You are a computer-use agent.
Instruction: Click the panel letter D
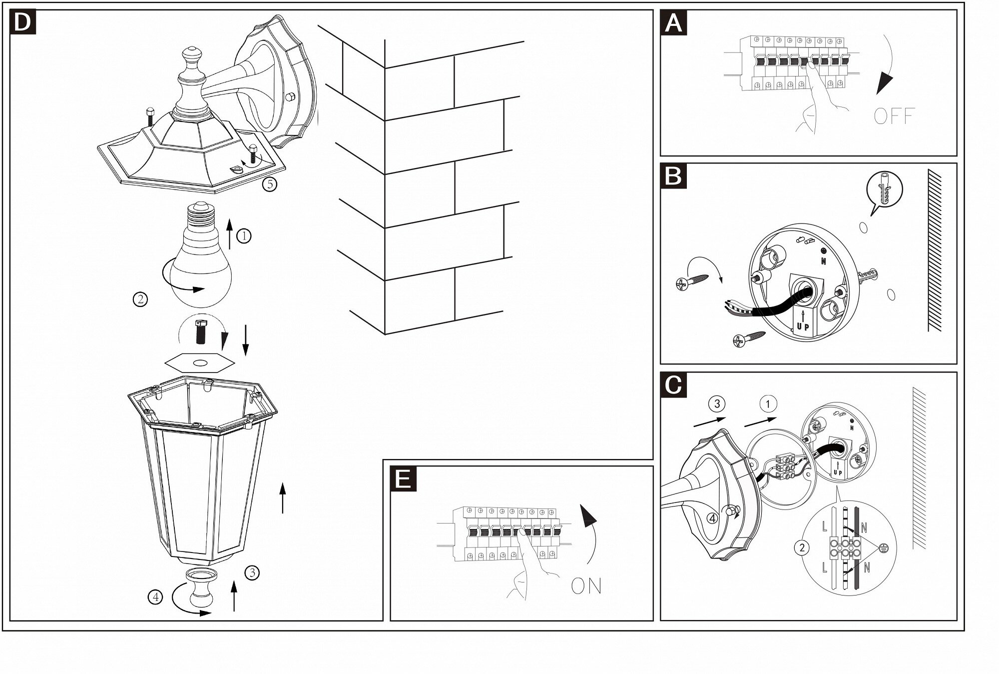pyautogui.click(x=22, y=22)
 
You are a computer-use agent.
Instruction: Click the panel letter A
pyautogui.click(x=673, y=23)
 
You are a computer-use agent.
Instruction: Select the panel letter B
pyautogui.click(x=673, y=176)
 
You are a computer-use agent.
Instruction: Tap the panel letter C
pyautogui.click(x=673, y=385)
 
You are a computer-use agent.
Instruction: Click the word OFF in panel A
pyautogui.click(x=894, y=116)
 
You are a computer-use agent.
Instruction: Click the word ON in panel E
pyautogui.click(x=586, y=586)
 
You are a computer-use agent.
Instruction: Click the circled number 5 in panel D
pyautogui.click(x=270, y=184)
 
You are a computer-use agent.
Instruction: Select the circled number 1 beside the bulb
pyautogui.click(x=244, y=235)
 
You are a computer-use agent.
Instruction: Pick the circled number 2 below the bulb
pyautogui.click(x=140, y=299)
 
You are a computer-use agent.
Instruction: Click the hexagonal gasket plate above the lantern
pyautogui.click(x=200, y=362)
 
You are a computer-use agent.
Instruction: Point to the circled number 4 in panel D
pyautogui.click(x=155, y=596)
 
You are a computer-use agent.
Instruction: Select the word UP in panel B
pyautogui.click(x=803, y=326)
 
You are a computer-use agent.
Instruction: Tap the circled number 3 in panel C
pyautogui.click(x=717, y=403)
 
